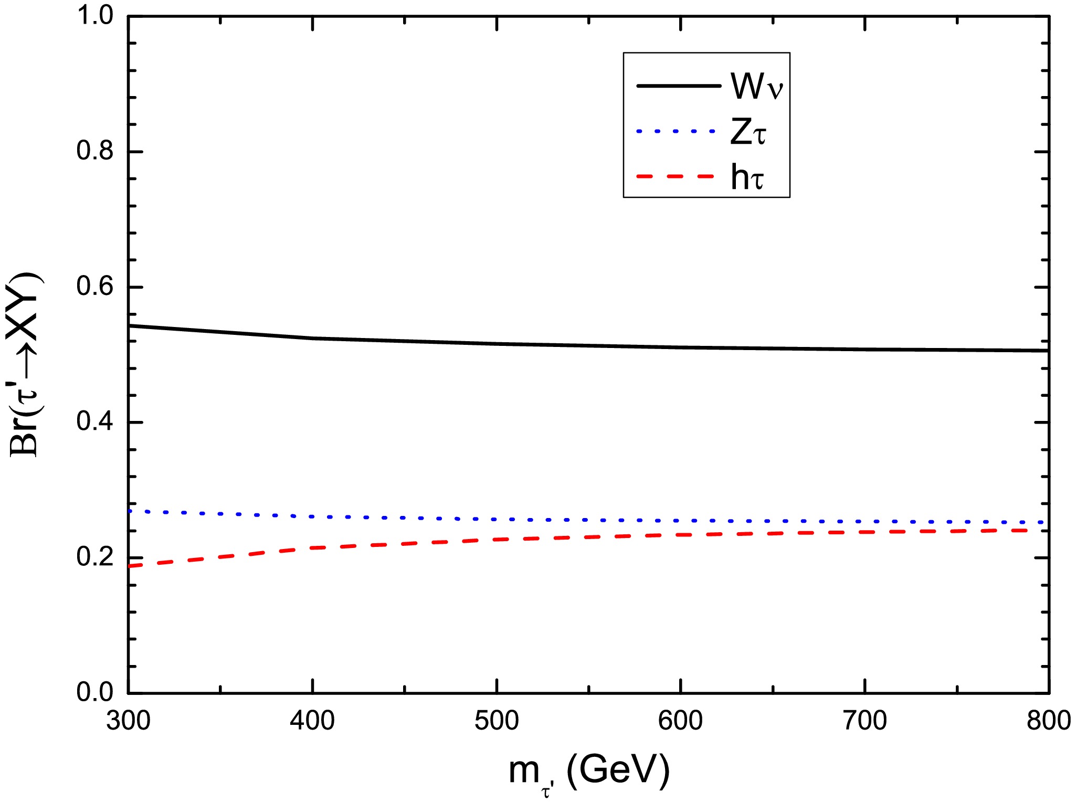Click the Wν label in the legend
point(756,86)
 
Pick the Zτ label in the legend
point(748,132)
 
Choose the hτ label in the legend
point(747,177)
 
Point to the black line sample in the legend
point(678,86)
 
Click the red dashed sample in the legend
point(675,176)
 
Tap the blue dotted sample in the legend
point(676,131)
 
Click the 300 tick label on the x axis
point(128,721)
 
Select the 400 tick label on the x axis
point(312,721)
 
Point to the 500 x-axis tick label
point(497,721)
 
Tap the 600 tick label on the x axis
point(680,721)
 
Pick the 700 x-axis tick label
point(864,721)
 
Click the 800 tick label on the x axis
point(1048,721)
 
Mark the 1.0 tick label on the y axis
point(95,16)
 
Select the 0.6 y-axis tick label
point(95,287)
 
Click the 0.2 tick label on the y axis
point(95,557)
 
